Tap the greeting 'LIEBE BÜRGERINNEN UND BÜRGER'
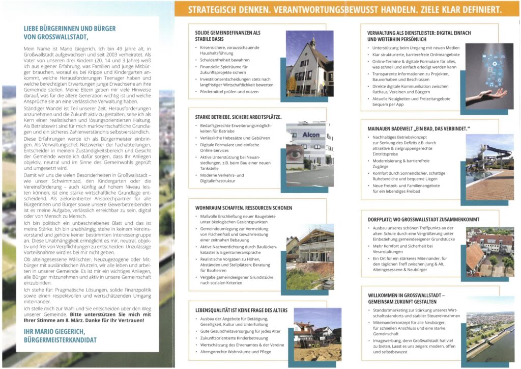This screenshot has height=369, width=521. [x=70, y=29]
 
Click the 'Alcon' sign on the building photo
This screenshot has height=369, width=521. [x=311, y=135]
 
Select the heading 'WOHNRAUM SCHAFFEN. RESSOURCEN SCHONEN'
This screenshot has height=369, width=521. [x=244, y=208]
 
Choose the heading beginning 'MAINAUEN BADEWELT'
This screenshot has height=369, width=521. [x=418, y=127]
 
